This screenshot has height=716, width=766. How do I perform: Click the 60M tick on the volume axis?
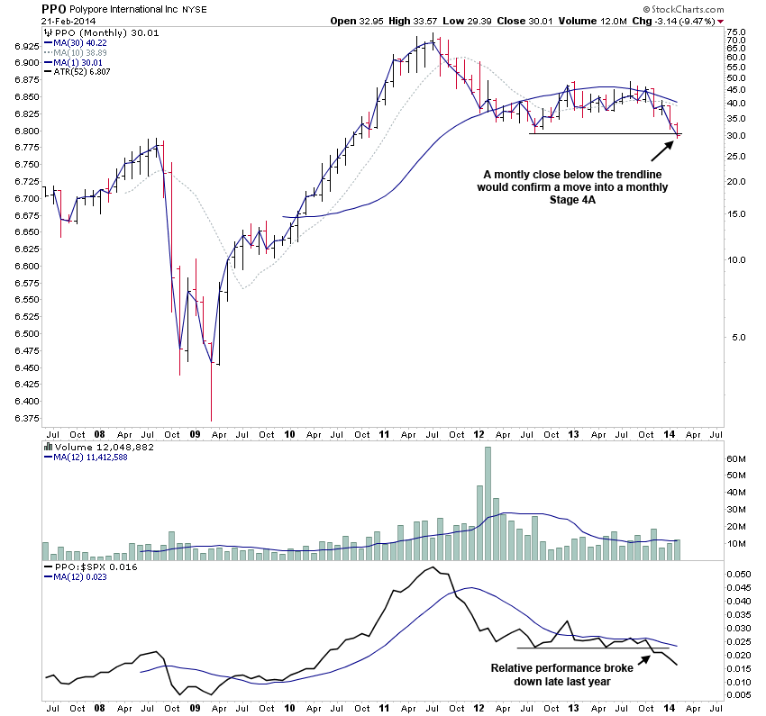coord(711,459)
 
